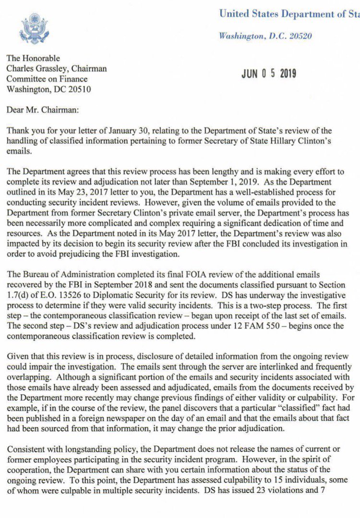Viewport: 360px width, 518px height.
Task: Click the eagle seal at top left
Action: point(34,29)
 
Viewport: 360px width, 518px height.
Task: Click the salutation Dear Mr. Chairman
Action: point(42,110)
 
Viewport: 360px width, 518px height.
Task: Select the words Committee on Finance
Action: point(47,79)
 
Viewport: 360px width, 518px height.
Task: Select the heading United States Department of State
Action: point(288,14)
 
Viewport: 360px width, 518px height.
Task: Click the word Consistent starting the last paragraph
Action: point(24,449)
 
